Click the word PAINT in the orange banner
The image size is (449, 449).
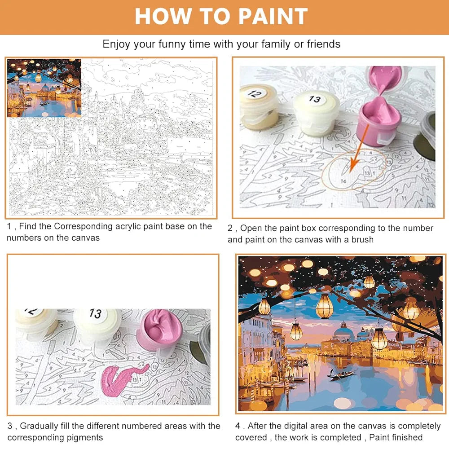pyautogui.click(x=273, y=16)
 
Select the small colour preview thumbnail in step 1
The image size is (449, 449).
pyautogui.click(x=44, y=88)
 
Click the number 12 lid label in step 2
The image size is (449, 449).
pyautogui.click(x=255, y=93)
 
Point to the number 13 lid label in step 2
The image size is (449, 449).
pyautogui.click(x=315, y=99)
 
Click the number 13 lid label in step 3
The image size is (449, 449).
pyautogui.click(x=95, y=313)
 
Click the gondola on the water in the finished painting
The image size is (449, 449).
pyautogui.click(x=341, y=374)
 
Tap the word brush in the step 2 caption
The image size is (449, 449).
pyautogui.click(x=362, y=239)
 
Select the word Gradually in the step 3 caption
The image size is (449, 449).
pyautogui.click(x=39, y=426)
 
